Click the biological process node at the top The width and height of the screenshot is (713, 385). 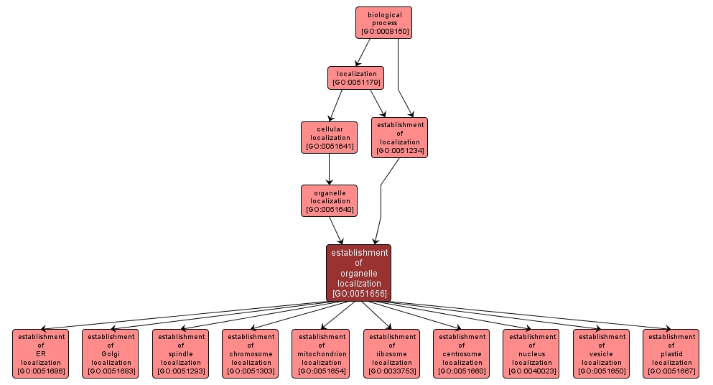click(383, 22)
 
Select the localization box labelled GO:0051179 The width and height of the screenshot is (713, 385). click(356, 78)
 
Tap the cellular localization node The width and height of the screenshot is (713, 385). click(330, 137)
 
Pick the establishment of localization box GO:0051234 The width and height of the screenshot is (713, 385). click(400, 137)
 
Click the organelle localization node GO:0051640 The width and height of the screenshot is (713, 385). click(330, 200)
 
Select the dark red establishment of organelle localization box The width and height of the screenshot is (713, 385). click(359, 272)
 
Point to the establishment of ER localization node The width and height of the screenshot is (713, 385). click(41, 353)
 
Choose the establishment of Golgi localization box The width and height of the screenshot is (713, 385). click(111, 353)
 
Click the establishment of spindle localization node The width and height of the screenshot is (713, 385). click(181, 353)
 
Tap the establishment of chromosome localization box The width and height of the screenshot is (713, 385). click(251, 353)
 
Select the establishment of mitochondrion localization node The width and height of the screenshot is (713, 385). click(321, 353)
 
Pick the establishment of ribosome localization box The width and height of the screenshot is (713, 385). click(391, 353)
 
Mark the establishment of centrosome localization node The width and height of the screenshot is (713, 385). click(462, 353)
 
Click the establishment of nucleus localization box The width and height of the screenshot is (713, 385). click(531, 353)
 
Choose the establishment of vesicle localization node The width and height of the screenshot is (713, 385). click(602, 353)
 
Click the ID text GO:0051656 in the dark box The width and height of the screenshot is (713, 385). click(359, 293)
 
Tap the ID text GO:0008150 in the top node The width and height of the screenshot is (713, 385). click(383, 32)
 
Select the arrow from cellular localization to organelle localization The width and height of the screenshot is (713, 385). click(330, 169)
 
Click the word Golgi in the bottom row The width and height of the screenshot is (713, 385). click(111, 353)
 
